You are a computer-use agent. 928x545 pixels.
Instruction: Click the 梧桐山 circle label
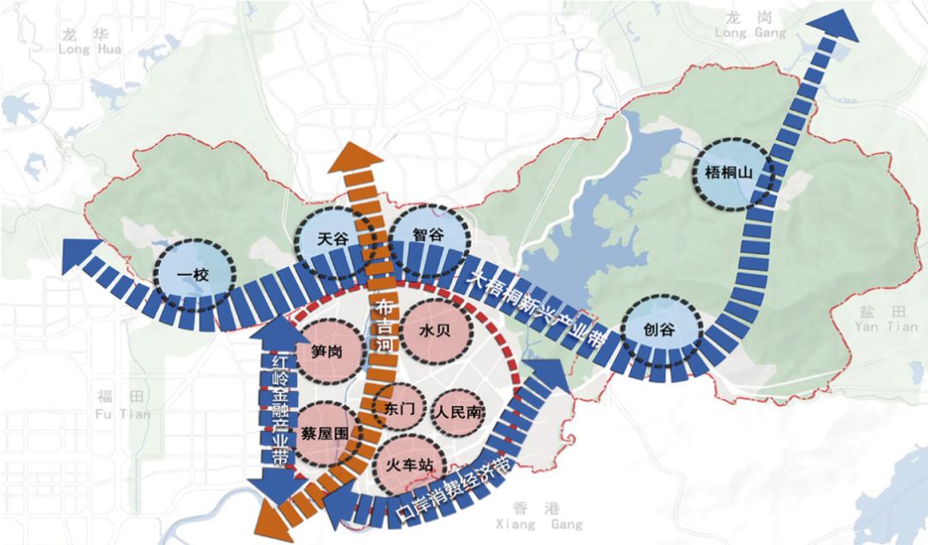point(735,174)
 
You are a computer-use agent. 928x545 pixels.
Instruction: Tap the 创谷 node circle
point(660,328)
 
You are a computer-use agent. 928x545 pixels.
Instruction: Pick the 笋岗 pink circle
point(328,352)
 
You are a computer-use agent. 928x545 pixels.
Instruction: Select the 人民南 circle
point(459,413)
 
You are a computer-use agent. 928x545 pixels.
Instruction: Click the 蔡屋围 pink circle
point(327,433)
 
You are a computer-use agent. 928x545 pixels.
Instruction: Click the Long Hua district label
point(90,43)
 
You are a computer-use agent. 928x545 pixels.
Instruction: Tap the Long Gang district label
point(750,26)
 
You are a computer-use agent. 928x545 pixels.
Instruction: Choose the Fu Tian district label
point(123,405)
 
